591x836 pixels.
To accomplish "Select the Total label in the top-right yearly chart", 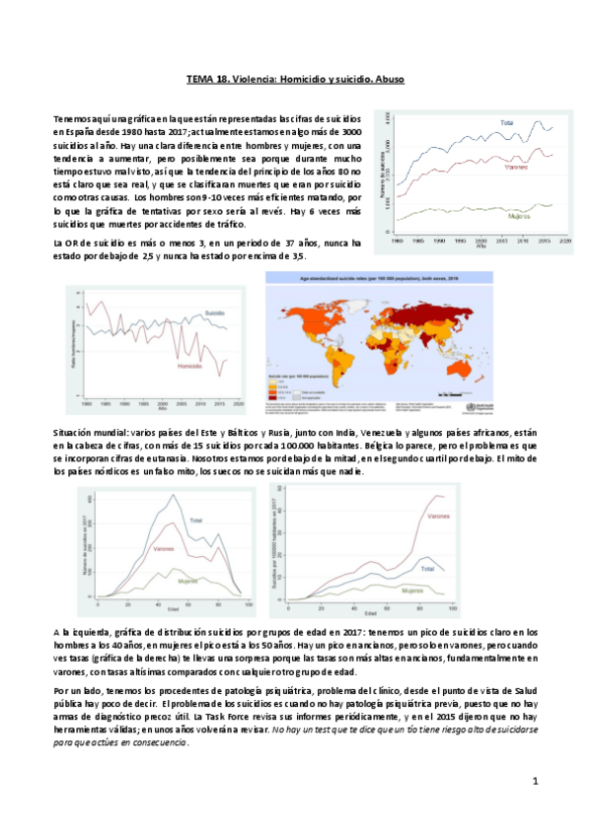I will point(506,123).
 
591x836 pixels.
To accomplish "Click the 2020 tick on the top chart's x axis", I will point(560,241).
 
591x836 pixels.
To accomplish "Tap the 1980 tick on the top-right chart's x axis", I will point(397,241).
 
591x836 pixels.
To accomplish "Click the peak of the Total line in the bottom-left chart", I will point(175,495).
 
